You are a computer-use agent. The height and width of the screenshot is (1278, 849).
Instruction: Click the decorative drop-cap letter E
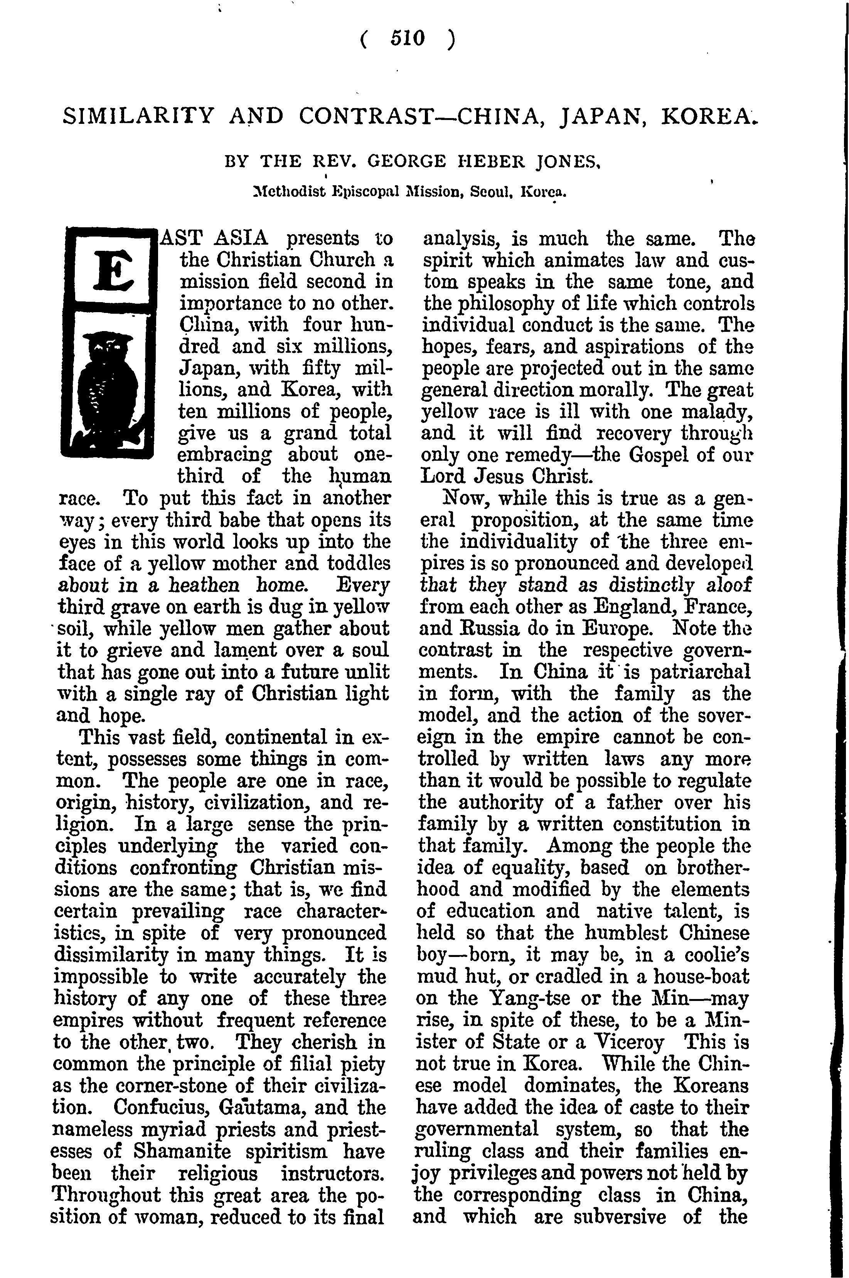113,268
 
